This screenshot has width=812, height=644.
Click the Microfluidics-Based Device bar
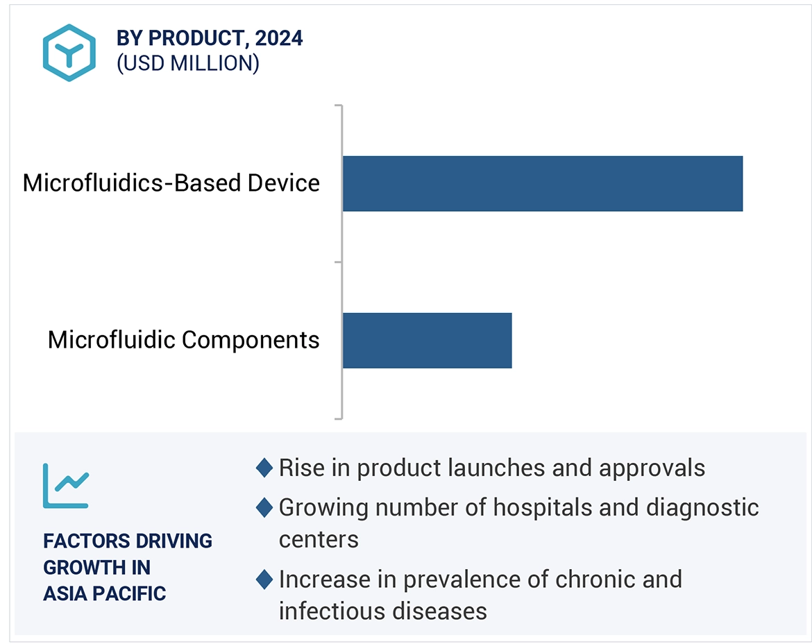point(542,183)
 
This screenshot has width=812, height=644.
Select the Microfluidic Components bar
point(427,340)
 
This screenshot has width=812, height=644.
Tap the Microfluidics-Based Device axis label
point(171,183)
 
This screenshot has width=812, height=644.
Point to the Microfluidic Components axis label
point(183,340)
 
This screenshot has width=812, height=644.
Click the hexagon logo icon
point(69,52)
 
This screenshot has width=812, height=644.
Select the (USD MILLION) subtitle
point(188,63)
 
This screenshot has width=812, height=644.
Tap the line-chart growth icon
point(66,485)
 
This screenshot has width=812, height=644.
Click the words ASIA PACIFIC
point(105,594)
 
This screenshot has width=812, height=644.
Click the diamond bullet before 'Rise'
point(264,468)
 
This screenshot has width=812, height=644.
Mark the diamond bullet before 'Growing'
point(264,507)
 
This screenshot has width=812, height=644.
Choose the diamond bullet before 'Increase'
point(264,579)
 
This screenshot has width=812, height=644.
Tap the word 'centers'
point(319,539)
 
